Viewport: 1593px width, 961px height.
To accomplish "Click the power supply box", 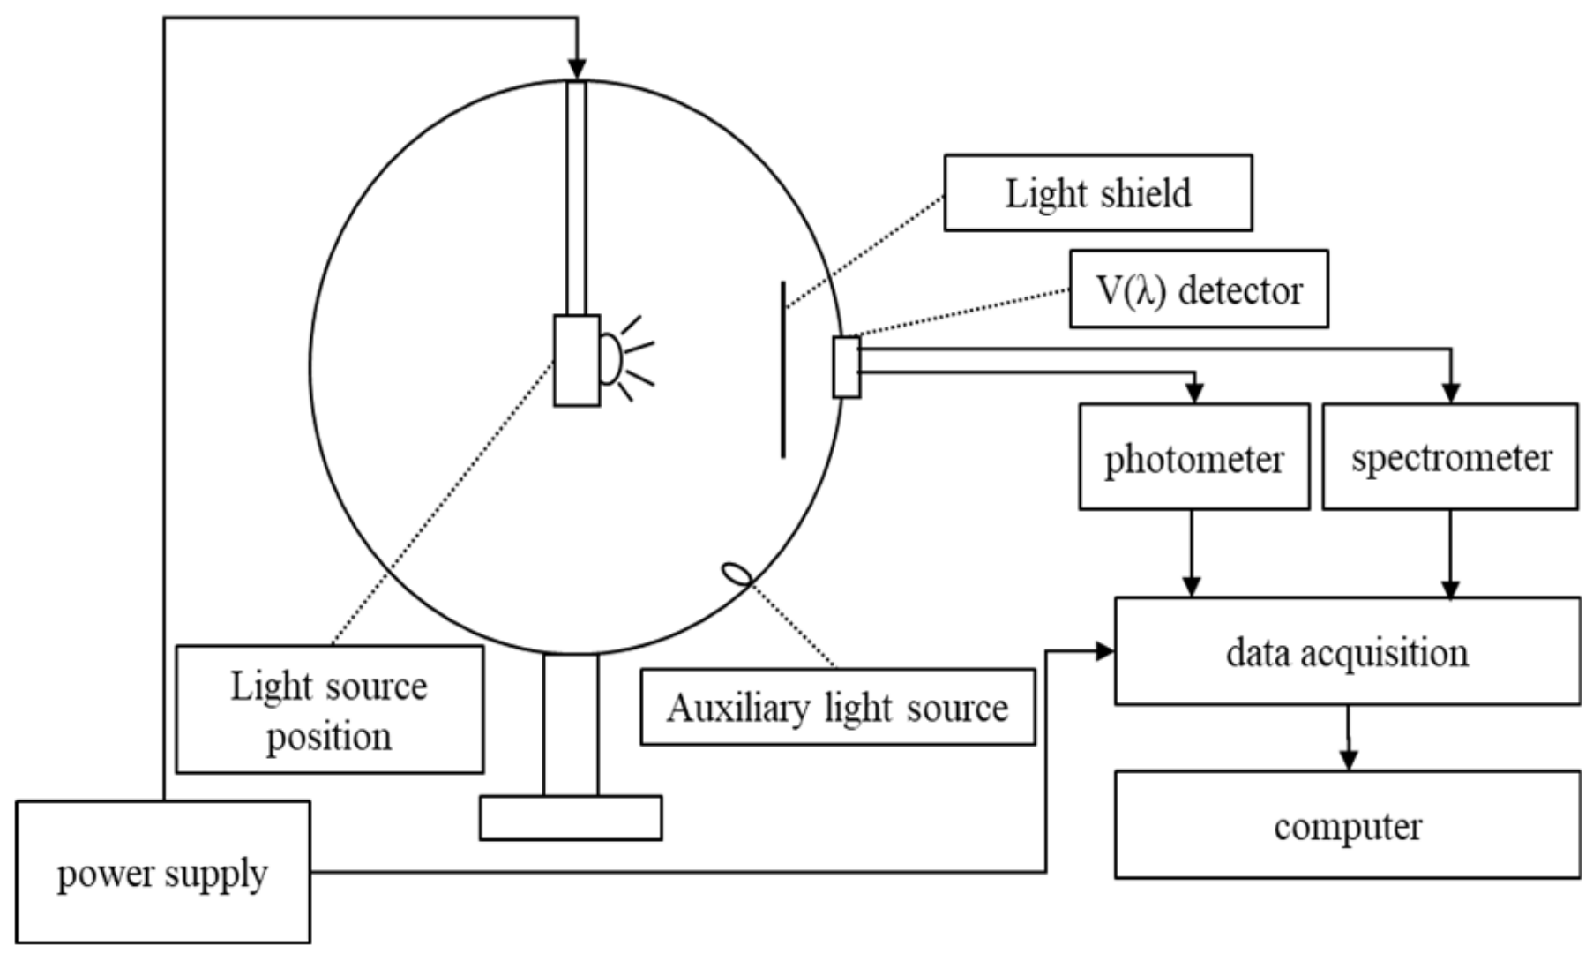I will pos(163,872).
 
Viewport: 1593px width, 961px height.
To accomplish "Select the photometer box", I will pos(1193,457).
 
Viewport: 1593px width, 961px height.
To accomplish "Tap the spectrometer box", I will pos(1450,457).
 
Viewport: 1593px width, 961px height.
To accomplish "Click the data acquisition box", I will pos(1347,651).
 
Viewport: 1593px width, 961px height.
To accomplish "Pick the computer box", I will pos(1347,825).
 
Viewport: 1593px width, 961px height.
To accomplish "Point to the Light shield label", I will pos(1097,193).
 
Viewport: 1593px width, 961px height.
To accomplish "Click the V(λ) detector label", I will pos(1198,289).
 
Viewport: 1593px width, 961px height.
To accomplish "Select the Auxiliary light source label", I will pos(837,707).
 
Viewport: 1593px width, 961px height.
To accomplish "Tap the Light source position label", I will pos(329,709).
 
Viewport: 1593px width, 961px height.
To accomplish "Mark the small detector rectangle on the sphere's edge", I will pos(847,367).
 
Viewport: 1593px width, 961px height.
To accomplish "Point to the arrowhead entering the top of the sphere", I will pos(577,70).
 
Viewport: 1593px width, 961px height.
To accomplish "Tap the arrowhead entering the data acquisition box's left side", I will pos(1104,651).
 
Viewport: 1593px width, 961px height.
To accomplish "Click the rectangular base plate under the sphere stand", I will pos(571,817).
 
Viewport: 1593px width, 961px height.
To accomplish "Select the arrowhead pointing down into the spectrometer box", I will pos(1450,394).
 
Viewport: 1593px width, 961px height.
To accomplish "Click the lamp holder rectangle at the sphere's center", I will pos(577,360).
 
